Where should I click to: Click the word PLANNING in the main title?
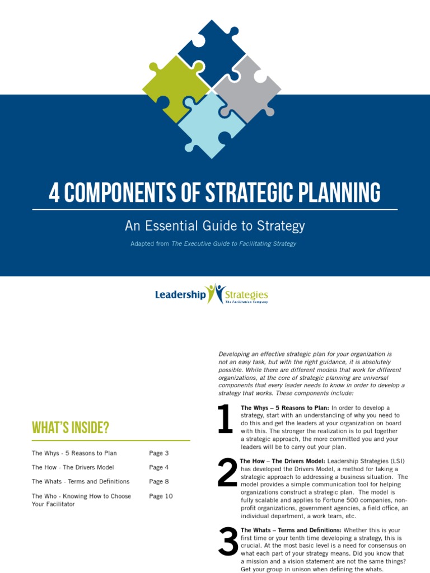pyautogui.click(x=335, y=193)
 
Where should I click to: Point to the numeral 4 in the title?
pyautogui.click(x=54, y=193)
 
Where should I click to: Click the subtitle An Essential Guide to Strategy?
pyautogui.click(x=214, y=226)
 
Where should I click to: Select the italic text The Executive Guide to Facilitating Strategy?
pyautogui.click(x=234, y=244)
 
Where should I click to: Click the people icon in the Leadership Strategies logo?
pyautogui.click(x=215, y=293)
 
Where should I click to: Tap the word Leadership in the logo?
pyautogui.click(x=180, y=294)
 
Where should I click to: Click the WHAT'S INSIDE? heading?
pyautogui.click(x=70, y=428)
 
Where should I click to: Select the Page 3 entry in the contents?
pyautogui.click(x=158, y=453)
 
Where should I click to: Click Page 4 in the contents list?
pyautogui.click(x=158, y=467)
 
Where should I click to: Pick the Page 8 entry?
pyautogui.click(x=158, y=481)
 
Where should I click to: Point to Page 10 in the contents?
pyautogui.click(x=161, y=496)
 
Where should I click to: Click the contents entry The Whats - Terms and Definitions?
pyautogui.click(x=81, y=481)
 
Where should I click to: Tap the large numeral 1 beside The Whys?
pyautogui.click(x=225, y=420)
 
